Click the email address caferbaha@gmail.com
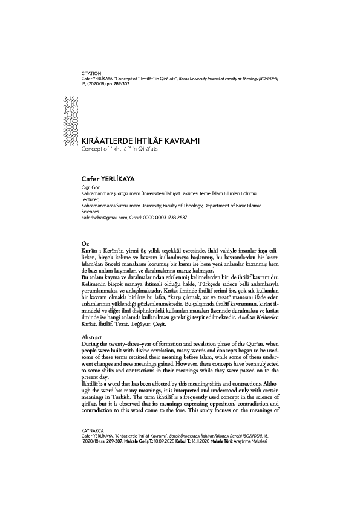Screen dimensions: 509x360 [99, 217]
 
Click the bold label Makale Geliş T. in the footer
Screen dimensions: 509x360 [140, 475]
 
